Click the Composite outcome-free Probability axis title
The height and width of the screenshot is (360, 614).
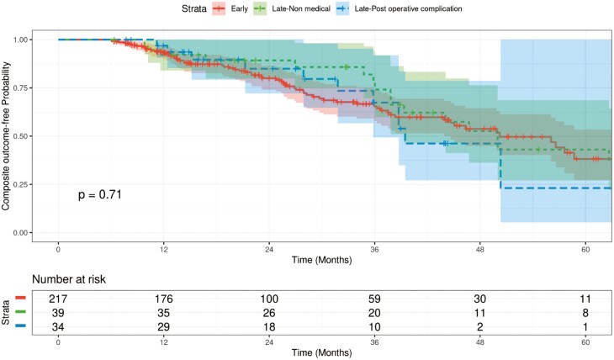[x=8, y=135]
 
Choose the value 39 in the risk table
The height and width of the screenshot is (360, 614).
[x=58, y=310]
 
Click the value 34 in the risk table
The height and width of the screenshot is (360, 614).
[x=58, y=324]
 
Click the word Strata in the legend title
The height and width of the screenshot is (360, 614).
[x=188, y=8]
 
